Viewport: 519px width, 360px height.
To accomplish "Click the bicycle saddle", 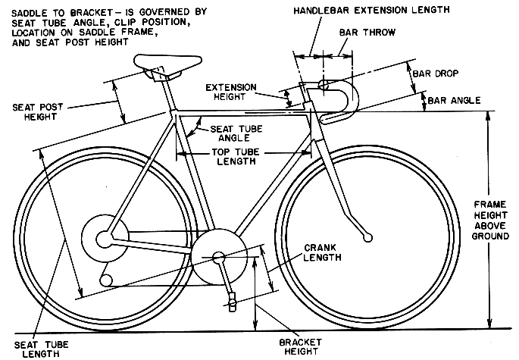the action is coord(167,64).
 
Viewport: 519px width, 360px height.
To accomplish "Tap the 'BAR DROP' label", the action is coord(435,74).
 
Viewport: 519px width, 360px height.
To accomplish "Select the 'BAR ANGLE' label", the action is coord(454,100).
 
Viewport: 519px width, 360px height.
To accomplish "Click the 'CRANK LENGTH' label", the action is coord(323,252).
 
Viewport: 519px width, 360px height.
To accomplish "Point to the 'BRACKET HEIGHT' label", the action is coord(301,347).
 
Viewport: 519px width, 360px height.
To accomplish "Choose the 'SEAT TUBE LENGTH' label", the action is coord(41,349).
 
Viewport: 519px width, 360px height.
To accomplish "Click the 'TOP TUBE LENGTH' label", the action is coord(236,157).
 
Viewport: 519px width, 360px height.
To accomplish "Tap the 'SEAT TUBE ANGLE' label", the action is coord(236,133).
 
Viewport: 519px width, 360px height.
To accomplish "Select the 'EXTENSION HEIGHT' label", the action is coord(230,92).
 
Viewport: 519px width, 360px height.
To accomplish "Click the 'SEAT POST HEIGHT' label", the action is coord(38,112).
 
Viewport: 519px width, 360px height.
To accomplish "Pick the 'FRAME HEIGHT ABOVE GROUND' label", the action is coord(490,221).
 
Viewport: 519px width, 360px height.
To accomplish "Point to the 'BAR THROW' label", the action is coord(367,33).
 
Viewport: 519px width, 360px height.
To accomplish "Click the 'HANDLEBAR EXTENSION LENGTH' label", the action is coord(371,11).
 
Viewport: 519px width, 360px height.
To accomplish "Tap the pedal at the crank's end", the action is coord(233,302).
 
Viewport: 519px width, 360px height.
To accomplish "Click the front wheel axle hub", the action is coord(367,237).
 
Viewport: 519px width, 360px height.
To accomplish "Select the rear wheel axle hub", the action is coord(105,239).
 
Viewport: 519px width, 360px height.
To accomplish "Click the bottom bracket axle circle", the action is coord(219,258).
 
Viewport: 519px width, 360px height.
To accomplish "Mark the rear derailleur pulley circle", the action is coord(106,280).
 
